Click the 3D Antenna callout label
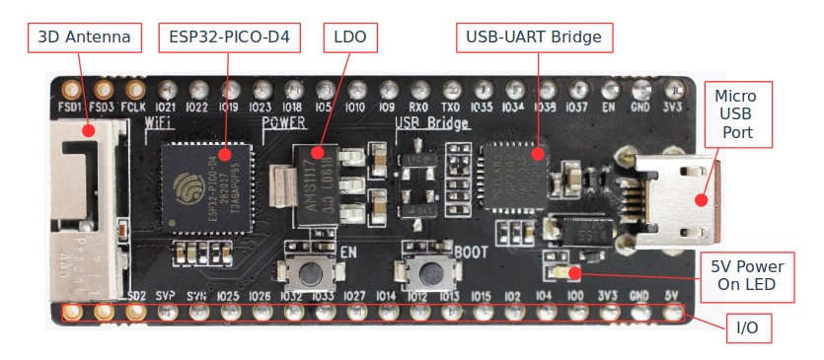[84, 37]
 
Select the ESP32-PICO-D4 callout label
[228, 37]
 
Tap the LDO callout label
[350, 37]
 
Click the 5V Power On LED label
[747, 277]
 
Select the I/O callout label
[747, 326]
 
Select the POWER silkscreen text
[284, 123]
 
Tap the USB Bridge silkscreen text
[432, 124]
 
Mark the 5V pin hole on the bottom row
[673, 313]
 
